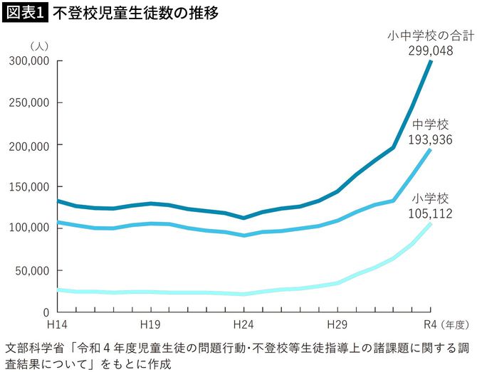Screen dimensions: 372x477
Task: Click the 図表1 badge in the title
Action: pyautogui.click(x=24, y=14)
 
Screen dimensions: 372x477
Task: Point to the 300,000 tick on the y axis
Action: pyautogui.click(x=28, y=61)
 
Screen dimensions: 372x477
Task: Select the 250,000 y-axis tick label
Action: pyautogui.click(x=28, y=103)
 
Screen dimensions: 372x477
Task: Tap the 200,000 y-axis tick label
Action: pyautogui.click(x=28, y=145)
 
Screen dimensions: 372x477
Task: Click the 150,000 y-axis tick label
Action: pyautogui.click(x=28, y=187)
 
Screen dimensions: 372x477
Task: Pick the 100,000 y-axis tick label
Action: pyautogui.click(x=28, y=228)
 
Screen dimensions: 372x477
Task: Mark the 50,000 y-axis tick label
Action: pyautogui.click(x=32, y=270)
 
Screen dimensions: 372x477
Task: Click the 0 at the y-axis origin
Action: pyautogui.click(x=45, y=312)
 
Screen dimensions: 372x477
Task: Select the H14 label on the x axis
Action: pyautogui.click(x=56, y=324)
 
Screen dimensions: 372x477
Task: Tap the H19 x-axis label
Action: pyautogui.click(x=150, y=324)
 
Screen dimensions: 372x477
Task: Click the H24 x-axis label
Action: pyautogui.click(x=243, y=324)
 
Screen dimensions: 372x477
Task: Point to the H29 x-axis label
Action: pyautogui.click(x=337, y=324)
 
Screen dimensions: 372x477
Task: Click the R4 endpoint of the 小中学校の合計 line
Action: pyautogui.click(x=431, y=62)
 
